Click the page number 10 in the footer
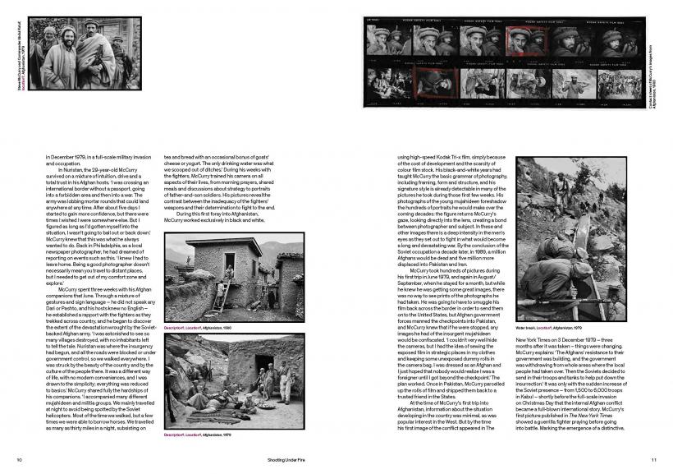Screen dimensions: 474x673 click(19, 458)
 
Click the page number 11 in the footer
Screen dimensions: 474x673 click(653, 458)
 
